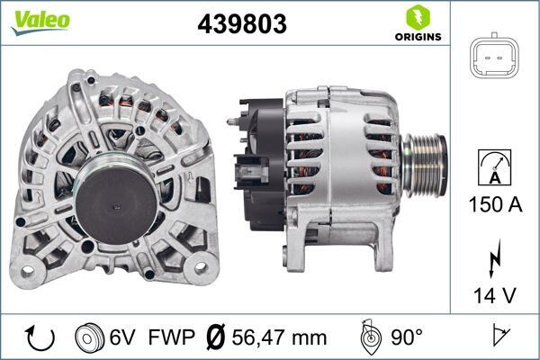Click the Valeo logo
click(40, 20)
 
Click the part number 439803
click(241, 25)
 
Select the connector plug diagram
click(494, 58)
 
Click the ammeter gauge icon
click(494, 166)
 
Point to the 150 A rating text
click(494, 205)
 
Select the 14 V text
click(494, 294)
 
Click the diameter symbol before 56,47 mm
click(215, 338)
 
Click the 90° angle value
click(407, 338)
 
